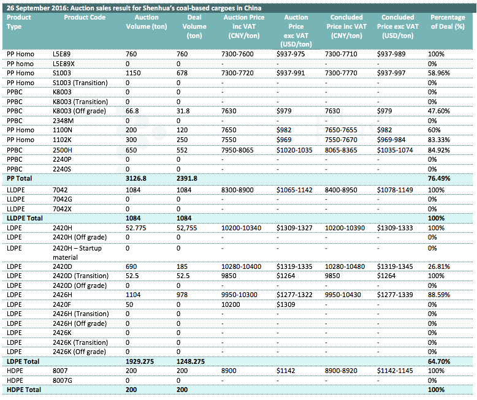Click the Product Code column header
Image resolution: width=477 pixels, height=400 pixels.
[85, 17]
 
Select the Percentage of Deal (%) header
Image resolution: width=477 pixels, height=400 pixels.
[448, 22]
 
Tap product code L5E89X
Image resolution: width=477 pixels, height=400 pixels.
[63, 64]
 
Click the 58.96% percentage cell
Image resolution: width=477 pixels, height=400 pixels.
[438, 73]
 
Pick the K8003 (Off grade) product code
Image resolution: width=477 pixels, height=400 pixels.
[80, 111]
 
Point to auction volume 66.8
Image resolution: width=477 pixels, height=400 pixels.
[132, 111]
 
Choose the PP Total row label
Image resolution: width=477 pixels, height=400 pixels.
[19, 178]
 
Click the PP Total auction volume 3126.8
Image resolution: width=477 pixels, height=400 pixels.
[135, 178]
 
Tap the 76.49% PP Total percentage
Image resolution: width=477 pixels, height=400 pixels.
[438, 178]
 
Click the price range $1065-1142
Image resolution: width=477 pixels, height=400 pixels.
[294, 190]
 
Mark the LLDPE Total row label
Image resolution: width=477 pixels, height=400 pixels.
[25, 218]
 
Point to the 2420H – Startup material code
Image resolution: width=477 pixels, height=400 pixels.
[77, 252]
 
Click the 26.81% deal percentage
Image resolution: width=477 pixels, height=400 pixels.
[438, 266]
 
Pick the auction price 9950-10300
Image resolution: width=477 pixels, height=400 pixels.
[239, 295]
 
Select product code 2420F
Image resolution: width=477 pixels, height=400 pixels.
[63, 304]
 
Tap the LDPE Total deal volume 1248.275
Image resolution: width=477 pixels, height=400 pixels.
[191, 361]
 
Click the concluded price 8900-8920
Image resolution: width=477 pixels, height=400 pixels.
[341, 371]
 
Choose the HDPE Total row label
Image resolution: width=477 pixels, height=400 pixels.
[24, 390]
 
